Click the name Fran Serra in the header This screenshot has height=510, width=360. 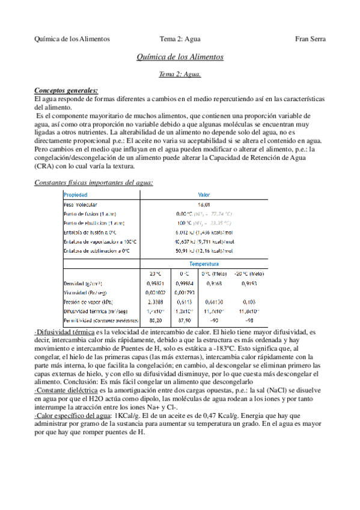pos(310,39)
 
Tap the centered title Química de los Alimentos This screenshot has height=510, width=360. pos(180,57)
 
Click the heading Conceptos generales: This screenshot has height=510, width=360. pos(66,90)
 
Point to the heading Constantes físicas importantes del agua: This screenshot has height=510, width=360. pos(93,182)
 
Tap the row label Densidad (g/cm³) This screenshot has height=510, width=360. pos(83,283)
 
